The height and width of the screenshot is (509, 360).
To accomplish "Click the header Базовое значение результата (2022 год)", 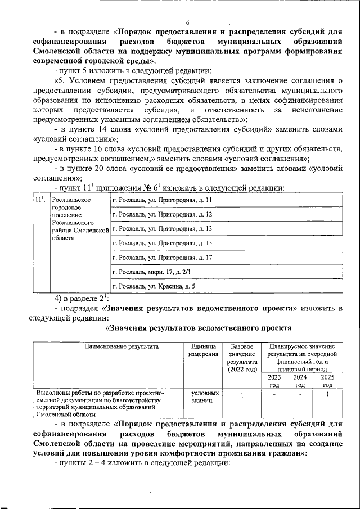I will (242, 358).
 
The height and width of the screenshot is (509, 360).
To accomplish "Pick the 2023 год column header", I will (274, 381).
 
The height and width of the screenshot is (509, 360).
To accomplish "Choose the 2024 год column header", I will (300, 381).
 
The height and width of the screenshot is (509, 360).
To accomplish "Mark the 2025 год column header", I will (327, 381).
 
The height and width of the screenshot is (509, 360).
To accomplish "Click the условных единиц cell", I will (205, 397).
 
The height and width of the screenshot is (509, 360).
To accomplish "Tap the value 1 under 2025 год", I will (327, 394).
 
